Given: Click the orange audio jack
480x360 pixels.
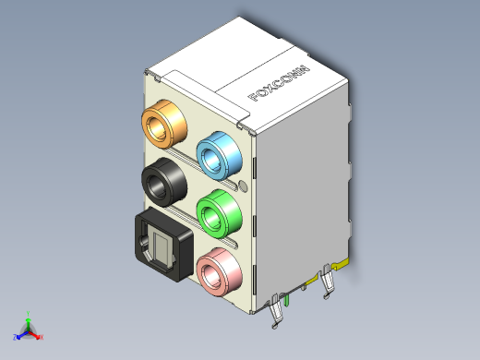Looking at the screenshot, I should (164, 124).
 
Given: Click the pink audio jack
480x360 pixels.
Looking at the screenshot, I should (220, 271).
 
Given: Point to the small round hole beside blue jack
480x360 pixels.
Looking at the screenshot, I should (244, 186).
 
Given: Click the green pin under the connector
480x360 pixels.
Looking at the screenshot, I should (287, 299).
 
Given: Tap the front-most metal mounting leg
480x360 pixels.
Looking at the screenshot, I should (277, 314).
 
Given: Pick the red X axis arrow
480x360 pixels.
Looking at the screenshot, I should (36, 336).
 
